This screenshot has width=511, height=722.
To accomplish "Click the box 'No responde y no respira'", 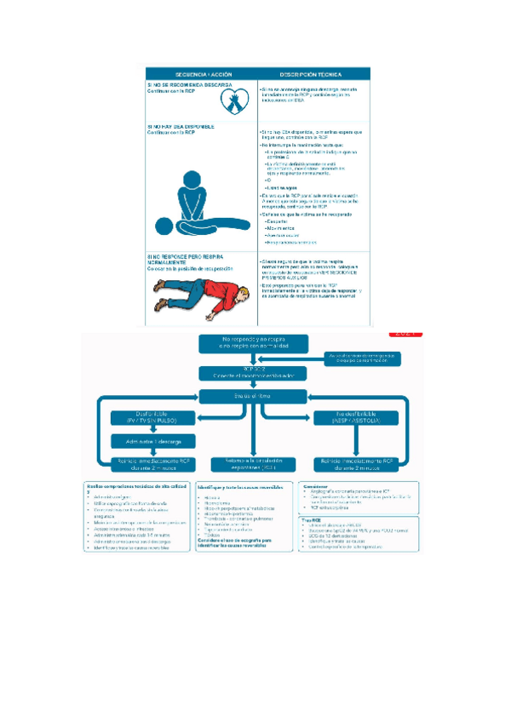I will point(249,342).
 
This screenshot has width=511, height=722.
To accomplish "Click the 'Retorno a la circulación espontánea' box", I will point(250,463).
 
